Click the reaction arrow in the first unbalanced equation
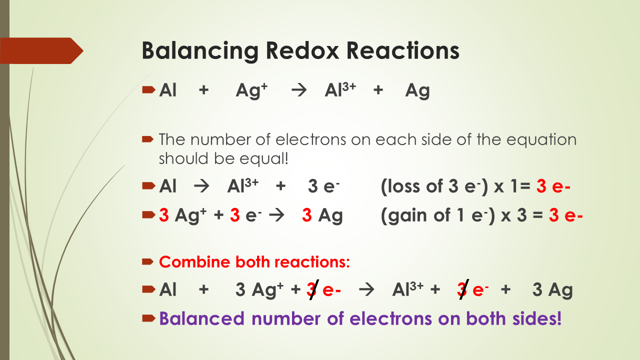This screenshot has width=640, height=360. [298, 91]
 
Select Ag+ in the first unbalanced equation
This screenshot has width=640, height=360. [251, 91]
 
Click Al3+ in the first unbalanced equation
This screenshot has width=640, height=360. [340, 91]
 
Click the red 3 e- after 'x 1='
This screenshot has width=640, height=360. [553, 187]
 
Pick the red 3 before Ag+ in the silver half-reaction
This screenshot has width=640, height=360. [164, 215]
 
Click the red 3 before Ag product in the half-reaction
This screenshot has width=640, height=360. [307, 215]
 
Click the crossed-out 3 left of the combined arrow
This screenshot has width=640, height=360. [312, 290]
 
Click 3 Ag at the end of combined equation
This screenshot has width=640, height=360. [552, 290]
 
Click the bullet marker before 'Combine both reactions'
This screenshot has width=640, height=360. [148, 261]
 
